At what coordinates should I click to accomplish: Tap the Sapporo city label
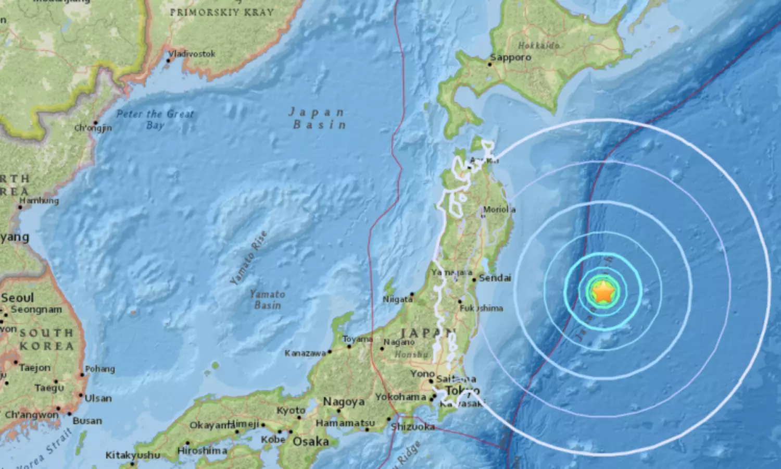[x=511, y=57]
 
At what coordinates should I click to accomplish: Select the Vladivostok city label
[x=191, y=54]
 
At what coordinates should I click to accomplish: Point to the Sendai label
[x=495, y=278]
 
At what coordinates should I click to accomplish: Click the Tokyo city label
[x=463, y=391]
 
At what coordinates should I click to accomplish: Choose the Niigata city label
[x=397, y=299]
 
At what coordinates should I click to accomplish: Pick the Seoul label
[x=17, y=298]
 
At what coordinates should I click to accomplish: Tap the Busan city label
[x=87, y=421]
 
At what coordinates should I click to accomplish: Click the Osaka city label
[x=311, y=442]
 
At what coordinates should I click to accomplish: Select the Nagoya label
[x=344, y=402]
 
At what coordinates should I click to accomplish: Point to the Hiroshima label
[x=202, y=451]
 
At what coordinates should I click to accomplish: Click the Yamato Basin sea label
[x=267, y=299]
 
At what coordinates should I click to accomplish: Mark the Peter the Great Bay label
[x=155, y=119]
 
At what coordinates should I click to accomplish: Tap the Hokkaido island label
[x=539, y=45]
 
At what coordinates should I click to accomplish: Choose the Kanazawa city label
[x=305, y=353]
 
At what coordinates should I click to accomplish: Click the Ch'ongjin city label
[x=93, y=128]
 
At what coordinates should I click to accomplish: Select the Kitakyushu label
[x=133, y=455]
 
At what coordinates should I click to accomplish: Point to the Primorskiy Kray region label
[x=222, y=11]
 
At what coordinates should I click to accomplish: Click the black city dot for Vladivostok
[x=168, y=60]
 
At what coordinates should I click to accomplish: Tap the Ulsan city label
[x=98, y=398]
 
